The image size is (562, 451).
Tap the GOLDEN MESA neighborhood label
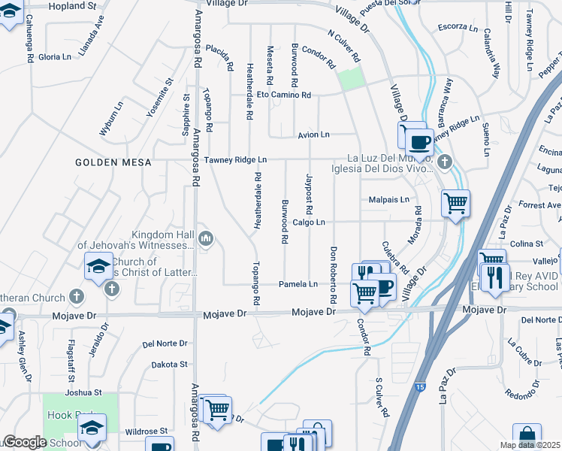pos(113,162)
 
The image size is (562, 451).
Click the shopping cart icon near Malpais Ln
pos(455,202)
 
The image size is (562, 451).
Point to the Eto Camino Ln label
pos(283,95)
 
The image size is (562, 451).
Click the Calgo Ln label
pos(309,222)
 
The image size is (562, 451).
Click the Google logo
pos(25,442)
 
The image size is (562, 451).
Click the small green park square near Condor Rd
pos(349,79)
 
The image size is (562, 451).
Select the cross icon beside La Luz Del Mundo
pos(445,162)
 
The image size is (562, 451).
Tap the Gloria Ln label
pos(54,56)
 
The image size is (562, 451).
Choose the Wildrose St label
pos(146,431)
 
